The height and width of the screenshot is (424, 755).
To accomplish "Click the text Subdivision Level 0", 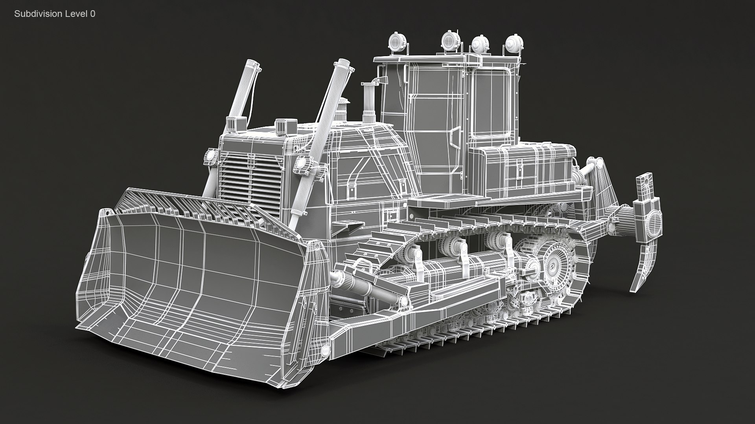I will pyautogui.click(x=55, y=14).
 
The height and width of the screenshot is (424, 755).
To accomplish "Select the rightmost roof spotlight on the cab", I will pyautogui.click(x=512, y=42).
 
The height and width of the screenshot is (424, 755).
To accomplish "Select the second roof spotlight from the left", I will pyautogui.click(x=450, y=40).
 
